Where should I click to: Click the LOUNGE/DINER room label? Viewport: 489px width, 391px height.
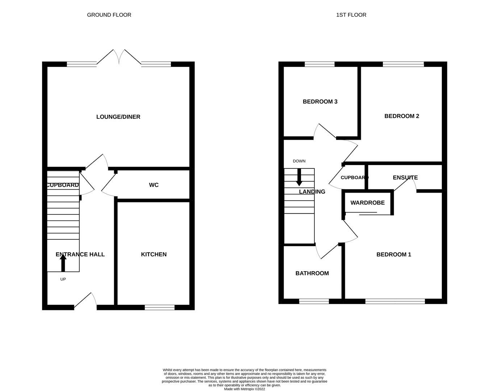(x=118, y=117)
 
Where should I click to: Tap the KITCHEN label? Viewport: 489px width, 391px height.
(x=154, y=255)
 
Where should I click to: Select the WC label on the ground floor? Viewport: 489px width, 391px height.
(x=154, y=185)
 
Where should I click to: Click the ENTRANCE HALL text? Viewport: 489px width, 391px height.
(x=80, y=255)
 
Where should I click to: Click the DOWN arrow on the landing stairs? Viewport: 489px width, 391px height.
(x=299, y=177)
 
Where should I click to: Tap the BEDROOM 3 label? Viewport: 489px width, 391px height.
(x=320, y=102)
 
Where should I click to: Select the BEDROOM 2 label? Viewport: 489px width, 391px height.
(x=402, y=116)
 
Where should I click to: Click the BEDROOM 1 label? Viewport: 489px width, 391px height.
(x=394, y=255)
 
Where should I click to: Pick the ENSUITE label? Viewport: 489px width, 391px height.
(x=405, y=178)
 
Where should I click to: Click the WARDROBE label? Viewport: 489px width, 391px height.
(x=367, y=203)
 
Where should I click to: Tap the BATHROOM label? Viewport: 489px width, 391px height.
(x=312, y=273)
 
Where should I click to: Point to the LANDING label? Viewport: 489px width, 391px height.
(x=312, y=192)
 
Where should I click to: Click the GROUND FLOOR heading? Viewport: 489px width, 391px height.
(x=109, y=15)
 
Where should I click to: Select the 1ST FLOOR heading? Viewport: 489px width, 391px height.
(x=351, y=15)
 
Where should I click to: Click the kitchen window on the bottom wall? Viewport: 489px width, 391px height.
(x=159, y=307)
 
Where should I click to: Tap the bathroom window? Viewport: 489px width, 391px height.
(x=314, y=301)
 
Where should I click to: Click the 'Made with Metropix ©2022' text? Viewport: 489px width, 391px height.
(x=244, y=389)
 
